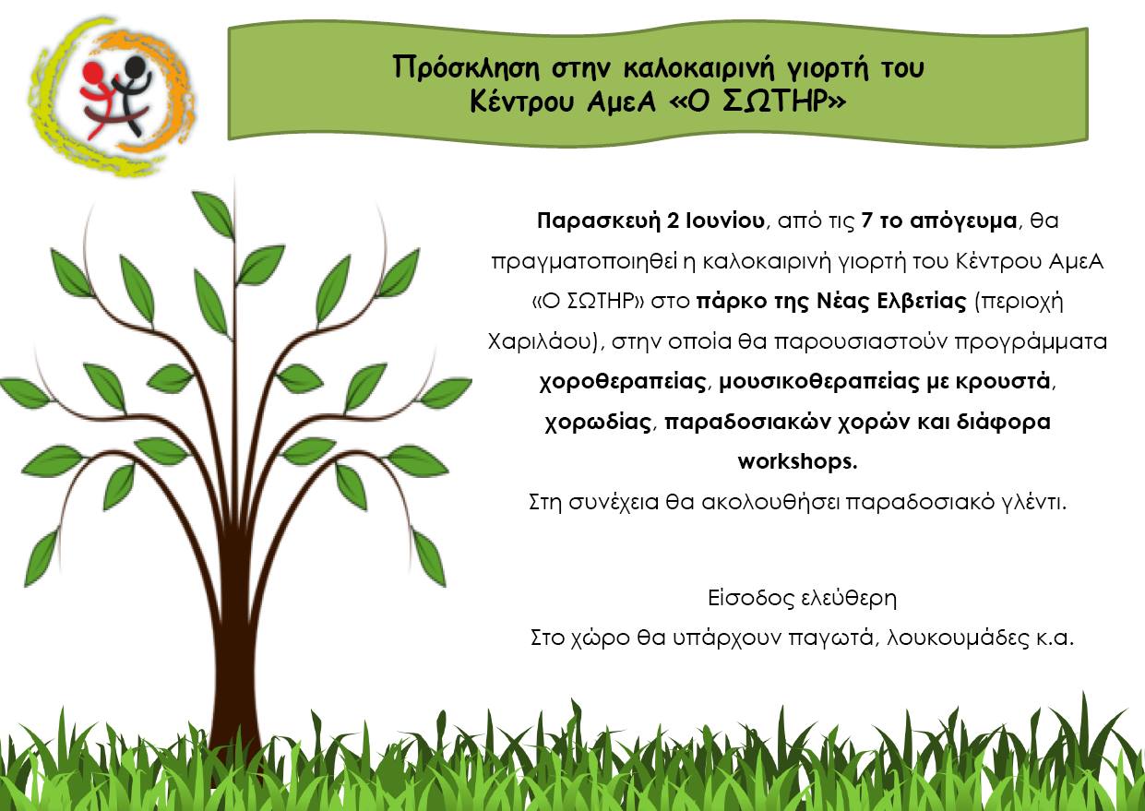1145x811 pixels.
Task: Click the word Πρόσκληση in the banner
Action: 466,68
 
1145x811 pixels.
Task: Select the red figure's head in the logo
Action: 93,74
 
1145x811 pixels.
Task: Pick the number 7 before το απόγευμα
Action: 865,221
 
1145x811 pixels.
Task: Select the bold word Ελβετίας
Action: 921,302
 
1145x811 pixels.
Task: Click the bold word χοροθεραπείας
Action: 624,382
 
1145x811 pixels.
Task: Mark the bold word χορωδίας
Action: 598,423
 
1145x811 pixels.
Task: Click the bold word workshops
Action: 797,462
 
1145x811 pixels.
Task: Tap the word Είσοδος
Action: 745,598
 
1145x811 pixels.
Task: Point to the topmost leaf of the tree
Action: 213,214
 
